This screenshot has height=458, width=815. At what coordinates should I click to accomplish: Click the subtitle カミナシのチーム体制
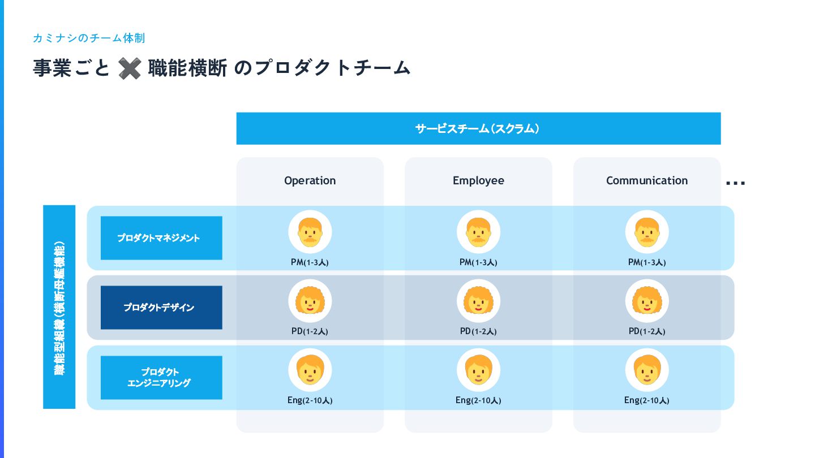click(x=89, y=38)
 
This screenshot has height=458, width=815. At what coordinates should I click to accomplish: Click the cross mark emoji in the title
click(x=130, y=68)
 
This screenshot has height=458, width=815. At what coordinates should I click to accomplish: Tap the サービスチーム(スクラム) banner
click(x=478, y=128)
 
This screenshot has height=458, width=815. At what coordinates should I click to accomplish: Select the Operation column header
click(x=310, y=180)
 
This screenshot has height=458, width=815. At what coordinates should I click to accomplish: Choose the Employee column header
click(x=478, y=180)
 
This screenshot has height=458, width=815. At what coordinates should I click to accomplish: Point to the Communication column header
click(x=647, y=180)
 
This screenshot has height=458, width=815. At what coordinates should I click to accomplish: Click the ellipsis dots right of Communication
click(x=735, y=183)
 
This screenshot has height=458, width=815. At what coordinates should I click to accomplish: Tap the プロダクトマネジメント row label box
click(x=161, y=238)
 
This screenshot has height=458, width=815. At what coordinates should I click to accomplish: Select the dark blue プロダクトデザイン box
click(x=161, y=308)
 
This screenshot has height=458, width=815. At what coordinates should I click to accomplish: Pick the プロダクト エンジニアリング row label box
click(x=161, y=377)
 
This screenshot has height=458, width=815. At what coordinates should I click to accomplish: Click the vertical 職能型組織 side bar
click(x=59, y=306)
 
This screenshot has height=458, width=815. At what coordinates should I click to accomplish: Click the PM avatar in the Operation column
click(x=310, y=232)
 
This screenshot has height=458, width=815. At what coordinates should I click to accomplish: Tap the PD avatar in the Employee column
click(x=478, y=301)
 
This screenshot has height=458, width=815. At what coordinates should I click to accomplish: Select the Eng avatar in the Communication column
click(x=647, y=370)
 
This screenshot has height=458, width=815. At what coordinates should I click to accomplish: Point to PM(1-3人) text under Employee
click(x=478, y=262)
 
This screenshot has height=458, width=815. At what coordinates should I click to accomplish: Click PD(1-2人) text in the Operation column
click(x=310, y=331)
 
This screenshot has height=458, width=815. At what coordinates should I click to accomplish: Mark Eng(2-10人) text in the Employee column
click(x=478, y=400)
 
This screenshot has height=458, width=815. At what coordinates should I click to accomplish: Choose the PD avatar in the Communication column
click(x=647, y=301)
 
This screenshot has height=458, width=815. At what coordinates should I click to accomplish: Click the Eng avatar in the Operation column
click(x=310, y=370)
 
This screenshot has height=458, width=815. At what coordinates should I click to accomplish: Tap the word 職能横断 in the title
click(x=187, y=68)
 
